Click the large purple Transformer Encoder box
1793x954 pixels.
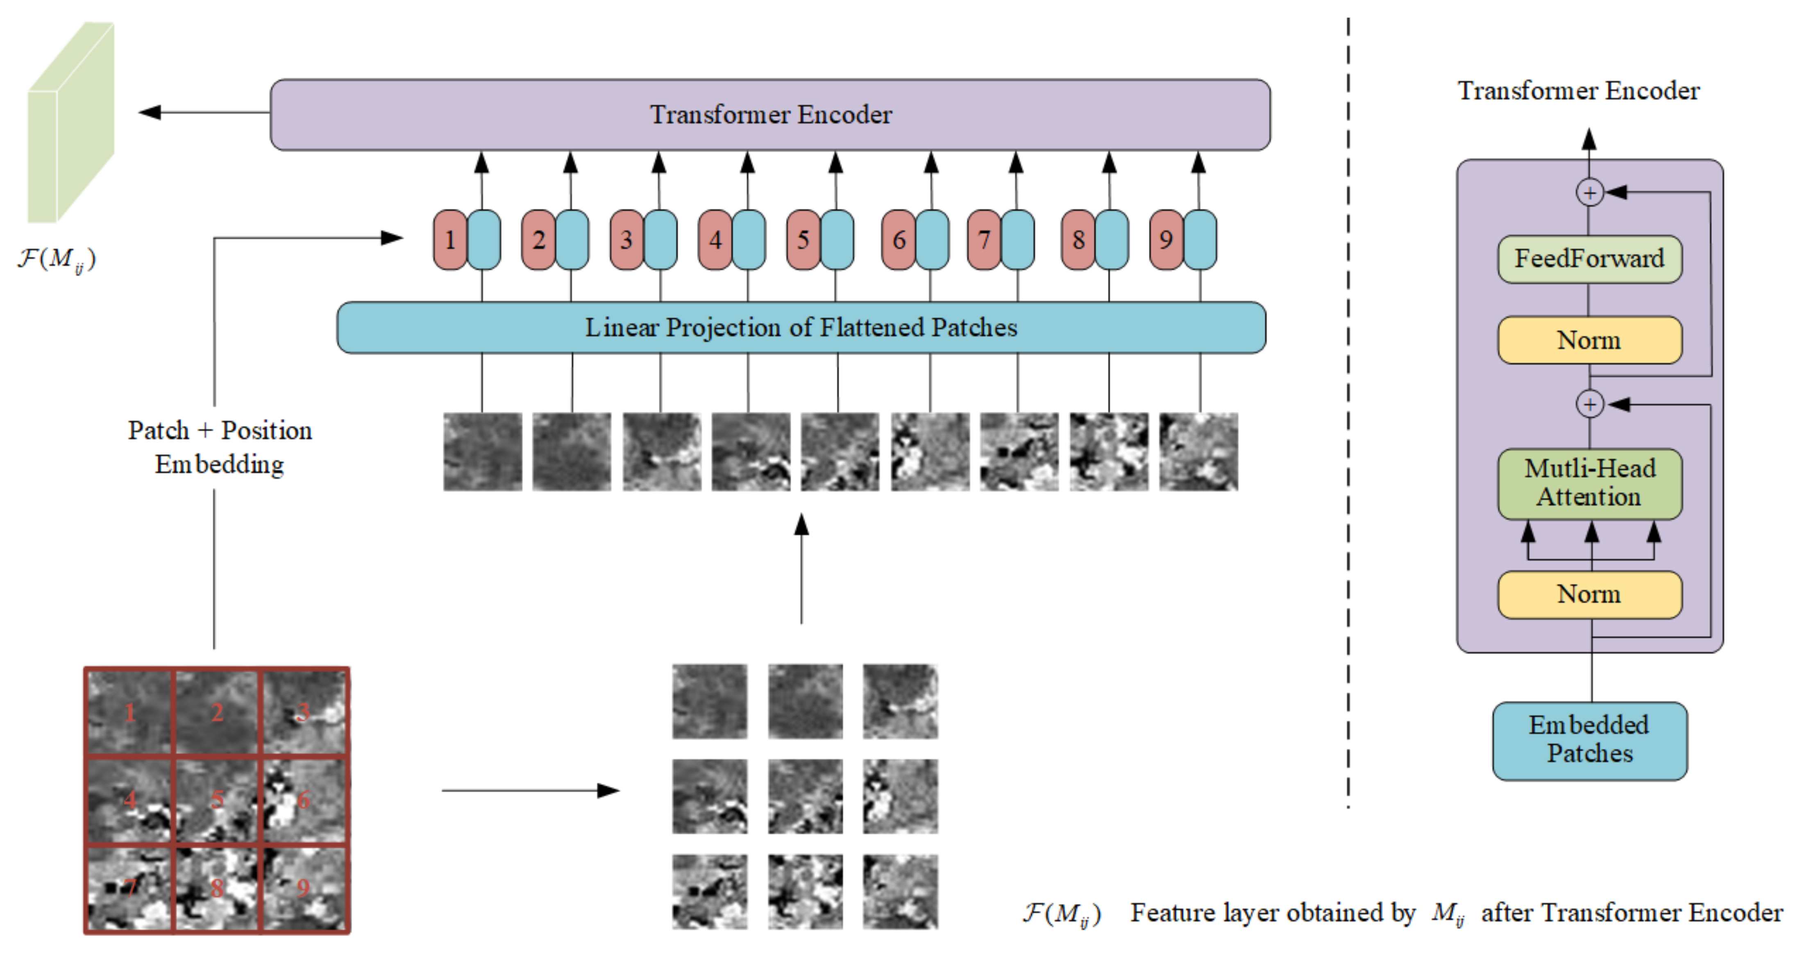(770, 115)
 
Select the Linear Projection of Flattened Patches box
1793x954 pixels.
(801, 327)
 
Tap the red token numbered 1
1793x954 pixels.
(449, 240)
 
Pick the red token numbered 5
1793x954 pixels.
(803, 240)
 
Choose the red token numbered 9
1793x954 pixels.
(1166, 240)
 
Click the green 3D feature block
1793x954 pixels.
(70, 125)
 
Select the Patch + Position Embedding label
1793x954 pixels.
(219, 447)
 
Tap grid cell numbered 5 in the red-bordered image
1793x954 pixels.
(216, 800)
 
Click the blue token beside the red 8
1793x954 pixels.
(1112, 240)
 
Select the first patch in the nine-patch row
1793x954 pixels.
(482, 451)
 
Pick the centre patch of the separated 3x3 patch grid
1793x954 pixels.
(805, 796)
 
